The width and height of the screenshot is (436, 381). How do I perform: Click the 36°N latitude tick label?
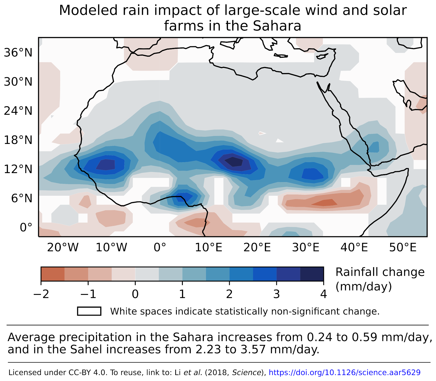click(x=18, y=53)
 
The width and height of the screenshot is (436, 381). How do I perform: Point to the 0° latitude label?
click(x=26, y=227)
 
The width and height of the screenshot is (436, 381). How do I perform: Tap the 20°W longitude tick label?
click(x=63, y=248)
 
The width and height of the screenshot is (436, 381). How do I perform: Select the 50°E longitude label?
click(x=403, y=248)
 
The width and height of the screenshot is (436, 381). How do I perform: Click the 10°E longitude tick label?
click(x=209, y=248)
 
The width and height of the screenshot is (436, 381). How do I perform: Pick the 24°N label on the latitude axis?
click(x=18, y=111)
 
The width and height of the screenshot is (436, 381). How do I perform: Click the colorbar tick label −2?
click(x=41, y=294)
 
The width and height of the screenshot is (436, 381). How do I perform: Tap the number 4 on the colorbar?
click(x=323, y=294)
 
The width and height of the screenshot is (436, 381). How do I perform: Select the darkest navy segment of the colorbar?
click(x=312, y=274)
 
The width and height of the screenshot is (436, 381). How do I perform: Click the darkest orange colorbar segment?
click(x=53, y=274)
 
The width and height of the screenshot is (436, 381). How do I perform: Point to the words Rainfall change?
click(x=380, y=272)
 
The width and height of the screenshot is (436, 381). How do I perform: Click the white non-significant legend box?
click(x=89, y=311)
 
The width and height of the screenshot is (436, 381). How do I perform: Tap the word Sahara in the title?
click(x=277, y=26)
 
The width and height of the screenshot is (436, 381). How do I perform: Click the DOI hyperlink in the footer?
click(x=344, y=373)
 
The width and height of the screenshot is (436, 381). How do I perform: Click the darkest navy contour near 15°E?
click(x=234, y=162)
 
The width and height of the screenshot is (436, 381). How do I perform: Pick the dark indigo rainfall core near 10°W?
click(x=106, y=165)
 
